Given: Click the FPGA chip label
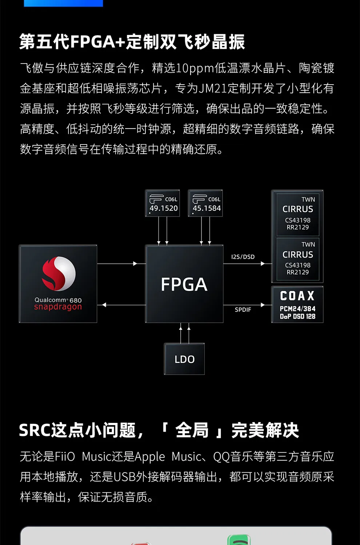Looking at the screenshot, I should (184, 284).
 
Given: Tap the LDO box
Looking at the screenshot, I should (184, 359).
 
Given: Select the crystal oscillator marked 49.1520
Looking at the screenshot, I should (163, 203).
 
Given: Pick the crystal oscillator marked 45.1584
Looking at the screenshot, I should (205, 203).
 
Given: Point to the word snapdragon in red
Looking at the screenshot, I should (58, 307).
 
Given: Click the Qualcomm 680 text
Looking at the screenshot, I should (58, 300).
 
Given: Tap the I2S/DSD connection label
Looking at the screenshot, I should (243, 257).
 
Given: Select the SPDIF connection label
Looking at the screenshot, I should (243, 310).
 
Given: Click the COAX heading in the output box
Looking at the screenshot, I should (297, 296).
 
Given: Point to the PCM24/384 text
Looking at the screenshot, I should (297, 309).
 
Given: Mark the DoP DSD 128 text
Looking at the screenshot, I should (297, 316).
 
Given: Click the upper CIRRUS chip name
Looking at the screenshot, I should (298, 209).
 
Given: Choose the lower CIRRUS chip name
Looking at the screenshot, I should (298, 255).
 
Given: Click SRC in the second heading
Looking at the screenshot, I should (35, 431).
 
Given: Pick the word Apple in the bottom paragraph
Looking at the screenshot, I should (150, 457).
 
